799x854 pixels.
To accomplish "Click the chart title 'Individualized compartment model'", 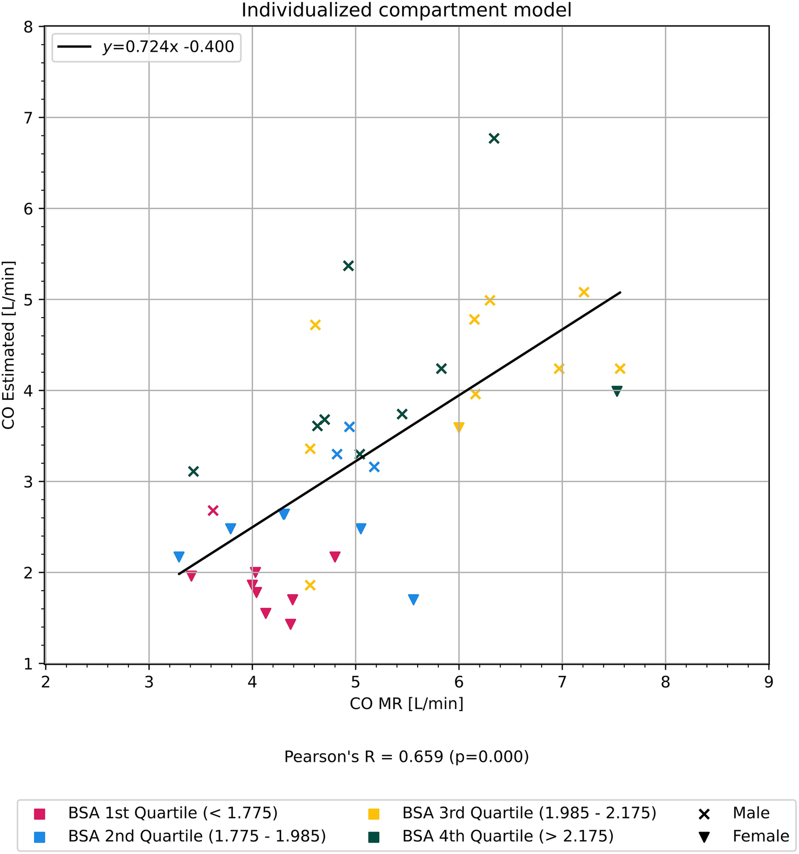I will pos(406,10).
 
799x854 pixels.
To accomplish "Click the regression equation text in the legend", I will pos(168,47).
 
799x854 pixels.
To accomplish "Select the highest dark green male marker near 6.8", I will pos(494,139).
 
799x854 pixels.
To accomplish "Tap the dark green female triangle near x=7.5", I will pos(617,391).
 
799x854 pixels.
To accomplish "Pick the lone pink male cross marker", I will pos(213,511).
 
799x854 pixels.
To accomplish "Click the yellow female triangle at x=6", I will pos(459,428).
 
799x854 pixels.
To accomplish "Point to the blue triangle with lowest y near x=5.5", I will pos(413,600).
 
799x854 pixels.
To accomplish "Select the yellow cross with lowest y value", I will pos(310,585).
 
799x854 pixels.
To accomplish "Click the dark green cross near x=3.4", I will pos(193,471).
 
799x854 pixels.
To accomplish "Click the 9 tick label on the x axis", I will pos(768,682).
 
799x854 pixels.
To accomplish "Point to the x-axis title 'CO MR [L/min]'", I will pos(406,704).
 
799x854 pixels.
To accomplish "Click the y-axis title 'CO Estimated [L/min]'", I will pos(9,345).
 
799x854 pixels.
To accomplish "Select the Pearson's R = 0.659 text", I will pos(406,756).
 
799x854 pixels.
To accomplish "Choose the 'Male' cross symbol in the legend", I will pos(704,814).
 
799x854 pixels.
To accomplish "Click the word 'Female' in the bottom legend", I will pos(761,836).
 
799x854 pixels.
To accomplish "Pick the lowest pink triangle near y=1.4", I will pos(290,624).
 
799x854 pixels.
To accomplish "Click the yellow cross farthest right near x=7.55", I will pos(619,369).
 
